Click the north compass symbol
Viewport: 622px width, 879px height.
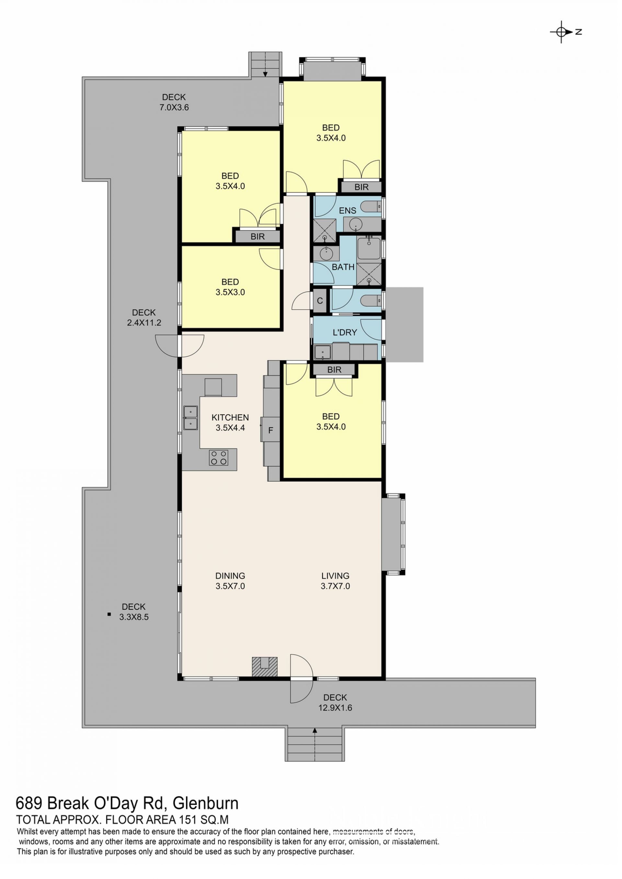pyautogui.click(x=565, y=32)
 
